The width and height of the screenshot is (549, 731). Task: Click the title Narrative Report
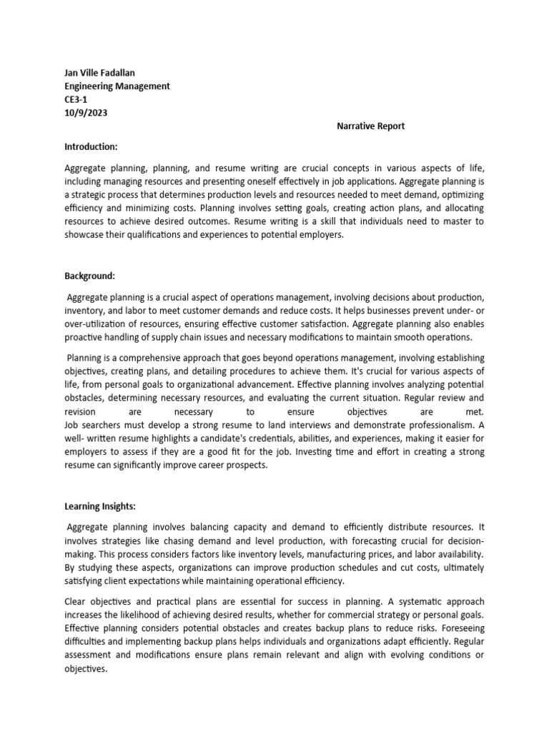coord(371,126)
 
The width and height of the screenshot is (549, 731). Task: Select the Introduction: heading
coord(91,146)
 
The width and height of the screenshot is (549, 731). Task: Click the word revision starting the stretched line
coord(79,411)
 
